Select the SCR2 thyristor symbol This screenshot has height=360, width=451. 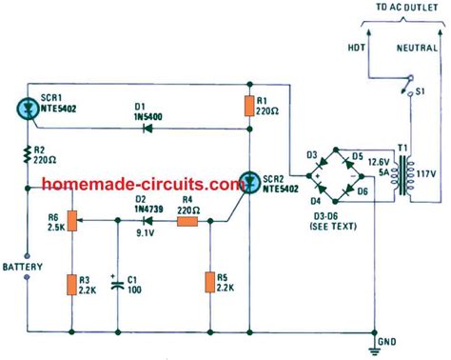pos(250,182)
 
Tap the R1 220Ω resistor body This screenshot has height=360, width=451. pos(250,106)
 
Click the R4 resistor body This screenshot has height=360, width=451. pos(188,222)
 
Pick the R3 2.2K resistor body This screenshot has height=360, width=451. pos(71,285)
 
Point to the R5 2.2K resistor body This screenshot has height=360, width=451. pos(207,284)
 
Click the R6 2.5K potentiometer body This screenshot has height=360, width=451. pos(71,222)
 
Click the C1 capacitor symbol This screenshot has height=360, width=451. pos(117,284)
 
